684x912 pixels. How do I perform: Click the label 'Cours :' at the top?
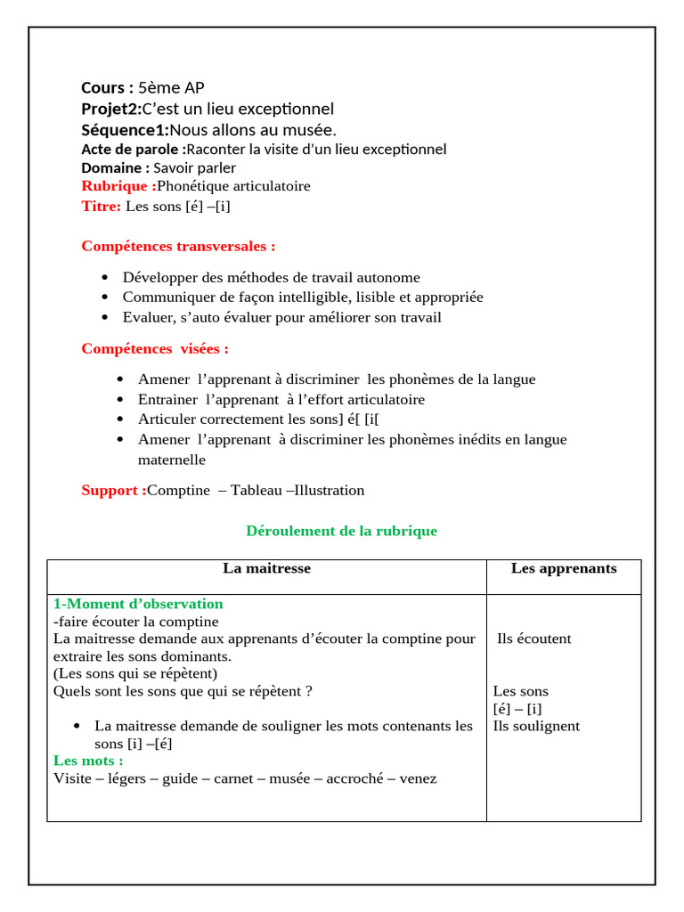[107, 87]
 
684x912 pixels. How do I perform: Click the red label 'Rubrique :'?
[118, 186]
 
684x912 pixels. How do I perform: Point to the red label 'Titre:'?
[101, 207]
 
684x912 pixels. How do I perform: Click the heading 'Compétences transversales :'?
[178, 246]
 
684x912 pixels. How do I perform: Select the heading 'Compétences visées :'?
[155, 349]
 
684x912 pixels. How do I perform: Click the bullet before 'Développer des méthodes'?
[106, 278]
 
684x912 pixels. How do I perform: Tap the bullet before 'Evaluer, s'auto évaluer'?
[106, 317]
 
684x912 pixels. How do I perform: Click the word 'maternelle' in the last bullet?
[171, 460]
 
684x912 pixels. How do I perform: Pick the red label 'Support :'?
[114, 490]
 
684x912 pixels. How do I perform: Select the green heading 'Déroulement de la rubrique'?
[341, 531]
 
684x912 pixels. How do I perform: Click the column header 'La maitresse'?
[266, 568]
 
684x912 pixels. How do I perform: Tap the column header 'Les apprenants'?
[563, 568]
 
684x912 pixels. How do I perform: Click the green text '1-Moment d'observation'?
[138, 604]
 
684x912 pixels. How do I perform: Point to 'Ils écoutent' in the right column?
[533, 639]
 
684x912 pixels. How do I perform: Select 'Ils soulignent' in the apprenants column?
[536, 726]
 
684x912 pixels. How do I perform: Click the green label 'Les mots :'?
[88, 761]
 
